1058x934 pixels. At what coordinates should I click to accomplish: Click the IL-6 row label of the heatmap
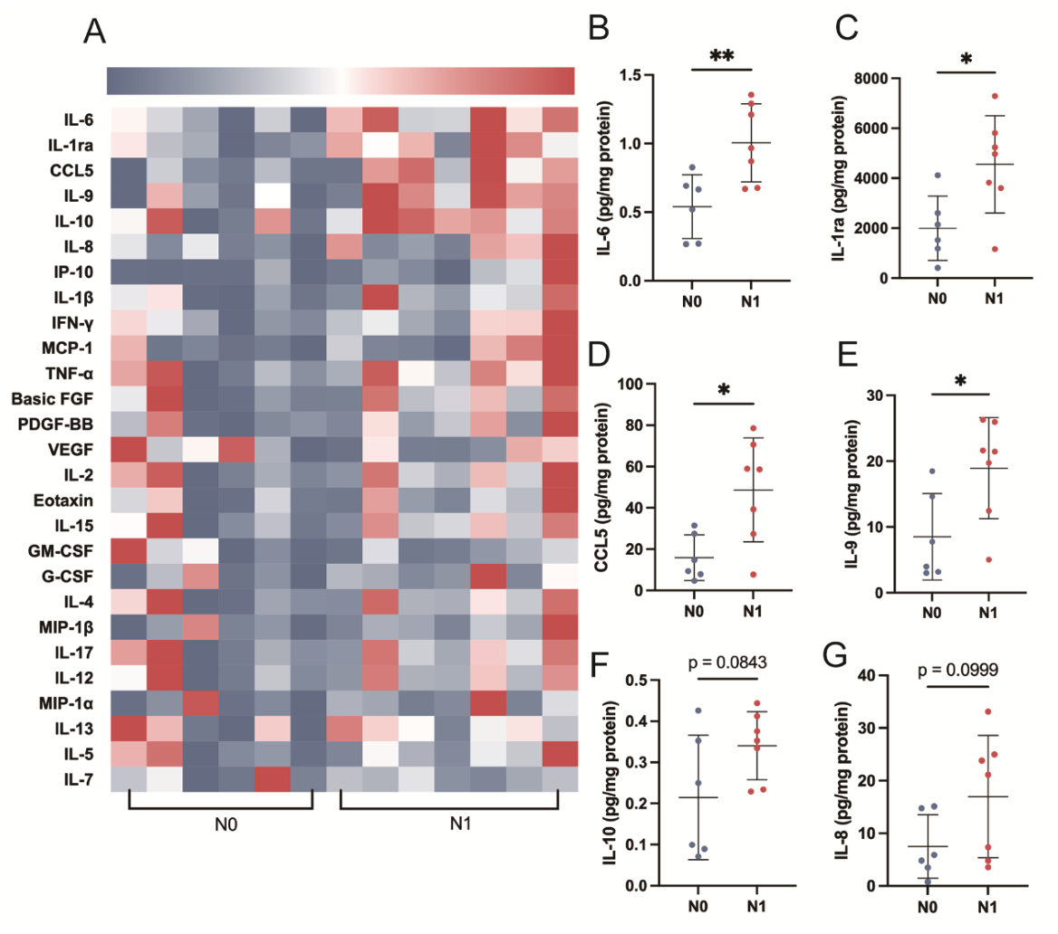click(78, 120)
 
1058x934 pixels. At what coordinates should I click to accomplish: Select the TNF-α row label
click(69, 374)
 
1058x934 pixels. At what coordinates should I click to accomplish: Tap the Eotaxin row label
click(63, 500)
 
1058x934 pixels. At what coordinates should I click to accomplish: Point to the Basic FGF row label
click(52, 399)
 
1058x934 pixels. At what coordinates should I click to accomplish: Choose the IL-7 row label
click(78, 779)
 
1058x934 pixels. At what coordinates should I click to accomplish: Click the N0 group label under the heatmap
click(226, 824)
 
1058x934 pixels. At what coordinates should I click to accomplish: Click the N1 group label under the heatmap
click(460, 824)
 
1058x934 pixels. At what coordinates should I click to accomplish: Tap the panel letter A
click(94, 31)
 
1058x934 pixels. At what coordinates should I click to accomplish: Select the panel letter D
click(599, 354)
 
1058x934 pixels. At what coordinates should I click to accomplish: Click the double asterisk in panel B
click(721, 55)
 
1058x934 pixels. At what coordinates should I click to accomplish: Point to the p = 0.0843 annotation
click(727, 662)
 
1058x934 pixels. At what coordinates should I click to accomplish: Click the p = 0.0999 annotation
click(957, 670)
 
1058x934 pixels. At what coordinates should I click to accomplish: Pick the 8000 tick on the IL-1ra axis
click(870, 78)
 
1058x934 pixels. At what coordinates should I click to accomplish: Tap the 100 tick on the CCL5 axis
click(630, 384)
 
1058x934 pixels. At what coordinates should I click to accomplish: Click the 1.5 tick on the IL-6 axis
click(630, 75)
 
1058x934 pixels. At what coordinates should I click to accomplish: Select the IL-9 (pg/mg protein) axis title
click(852, 493)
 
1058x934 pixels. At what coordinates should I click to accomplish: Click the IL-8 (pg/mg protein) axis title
click(842, 780)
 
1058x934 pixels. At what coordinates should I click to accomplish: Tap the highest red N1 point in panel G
click(988, 711)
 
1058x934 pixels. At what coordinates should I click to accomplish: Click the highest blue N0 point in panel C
click(938, 176)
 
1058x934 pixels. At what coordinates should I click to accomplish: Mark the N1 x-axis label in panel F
click(755, 906)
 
